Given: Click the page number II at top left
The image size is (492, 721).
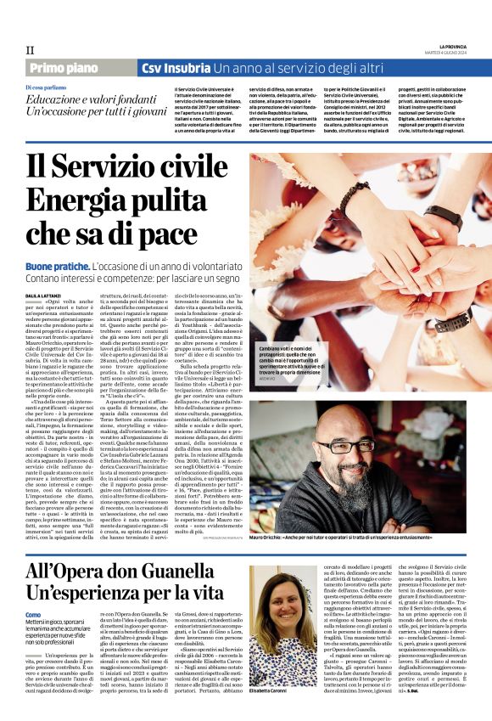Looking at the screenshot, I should [29, 50].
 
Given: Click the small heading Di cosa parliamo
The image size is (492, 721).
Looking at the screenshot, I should [45, 88].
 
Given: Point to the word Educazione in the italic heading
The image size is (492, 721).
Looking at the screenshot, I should [59, 101].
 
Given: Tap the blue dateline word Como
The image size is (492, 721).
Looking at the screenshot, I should [33, 614].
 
